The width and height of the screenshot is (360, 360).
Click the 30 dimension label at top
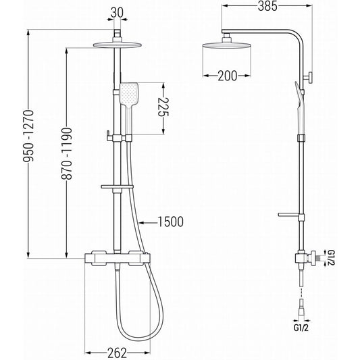coord(117,13)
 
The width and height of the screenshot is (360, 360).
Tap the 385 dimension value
coord(267,6)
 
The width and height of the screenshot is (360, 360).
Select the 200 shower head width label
coord(228,76)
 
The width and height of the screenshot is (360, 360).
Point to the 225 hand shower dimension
coord(163,107)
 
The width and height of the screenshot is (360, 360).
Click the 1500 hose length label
coord(171,222)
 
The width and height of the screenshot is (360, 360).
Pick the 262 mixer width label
coord(117,353)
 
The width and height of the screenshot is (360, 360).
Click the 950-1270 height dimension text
coord(28,136)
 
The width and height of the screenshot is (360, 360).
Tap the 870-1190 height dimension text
coord(67,153)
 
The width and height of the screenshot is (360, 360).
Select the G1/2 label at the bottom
coord(301,328)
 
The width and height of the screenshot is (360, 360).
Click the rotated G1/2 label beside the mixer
coord(331,258)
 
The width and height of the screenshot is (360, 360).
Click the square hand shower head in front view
coord(128,95)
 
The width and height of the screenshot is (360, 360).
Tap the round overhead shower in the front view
coord(117,45)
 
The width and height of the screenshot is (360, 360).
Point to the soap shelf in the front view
coord(117,186)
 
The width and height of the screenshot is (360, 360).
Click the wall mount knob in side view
coord(309,78)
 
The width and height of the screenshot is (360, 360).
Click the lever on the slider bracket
coord(108,136)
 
